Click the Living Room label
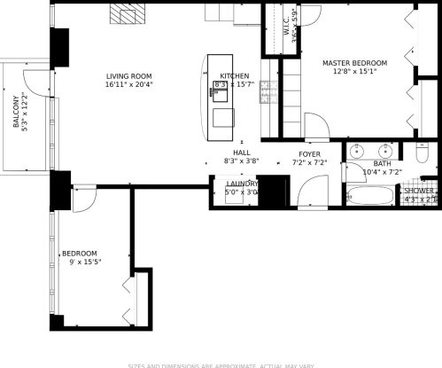coord(129,76)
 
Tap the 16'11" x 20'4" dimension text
coord(129,85)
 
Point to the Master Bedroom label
coord(354,63)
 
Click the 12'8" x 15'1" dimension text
coord(354,73)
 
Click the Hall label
coord(241,153)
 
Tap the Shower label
coord(419,191)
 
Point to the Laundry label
coord(241,184)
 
